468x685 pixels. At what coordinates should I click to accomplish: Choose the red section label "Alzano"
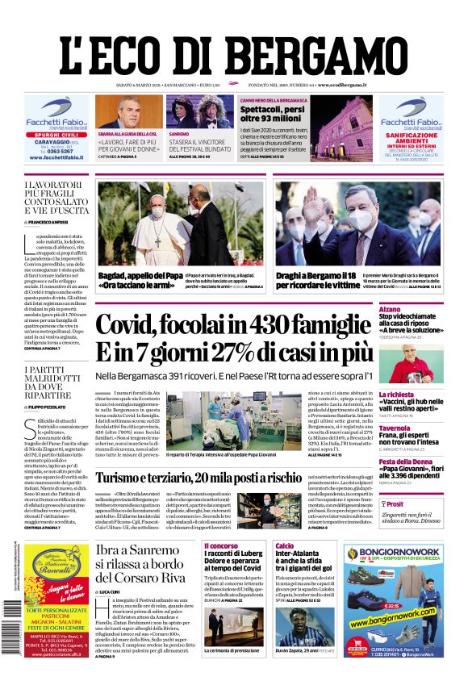pos(390,309)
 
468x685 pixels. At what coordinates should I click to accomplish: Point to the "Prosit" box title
pos(399,503)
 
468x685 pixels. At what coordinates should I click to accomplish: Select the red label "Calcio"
pos(284,546)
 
